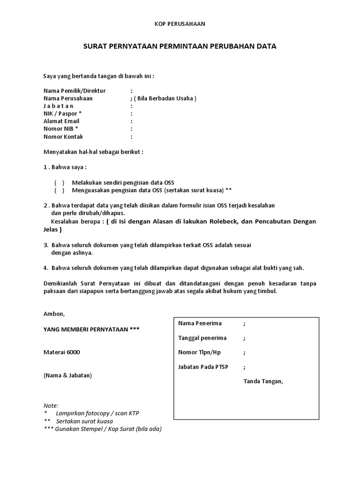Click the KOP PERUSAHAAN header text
(180, 23)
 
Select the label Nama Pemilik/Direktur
(75, 90)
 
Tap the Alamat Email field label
(61, 121)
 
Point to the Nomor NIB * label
(61, 128)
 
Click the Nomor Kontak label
(63, 136)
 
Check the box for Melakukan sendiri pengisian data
(59, 182)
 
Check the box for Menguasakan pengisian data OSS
(59, 190)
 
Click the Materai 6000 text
(62, 352)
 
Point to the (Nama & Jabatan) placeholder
(67, 375)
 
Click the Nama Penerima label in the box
(200, 323)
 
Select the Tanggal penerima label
(202, 338)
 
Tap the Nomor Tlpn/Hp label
(199, 352)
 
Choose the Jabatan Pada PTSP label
(203, 367)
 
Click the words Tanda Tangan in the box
(263, 381)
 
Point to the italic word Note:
(51, 405)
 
